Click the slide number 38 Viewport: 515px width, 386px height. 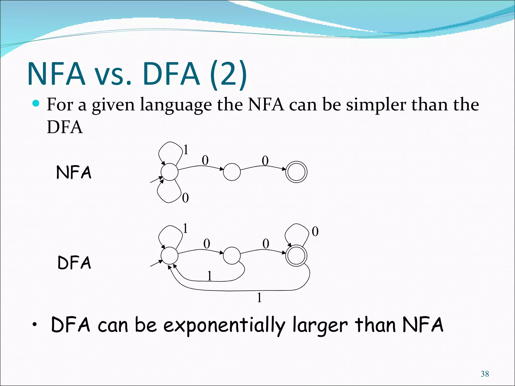[485, 374]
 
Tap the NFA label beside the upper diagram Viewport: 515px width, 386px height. [74, 172]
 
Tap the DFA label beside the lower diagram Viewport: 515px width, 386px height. [74, 263]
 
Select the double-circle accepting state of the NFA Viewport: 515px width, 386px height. [296, 172]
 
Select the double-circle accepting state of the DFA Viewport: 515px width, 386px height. [296, 256]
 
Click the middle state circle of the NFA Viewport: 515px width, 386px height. [232, 172]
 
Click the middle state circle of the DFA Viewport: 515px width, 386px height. [232, 256]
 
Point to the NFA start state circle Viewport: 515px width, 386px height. [169, 172]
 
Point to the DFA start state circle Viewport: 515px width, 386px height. [169, 256]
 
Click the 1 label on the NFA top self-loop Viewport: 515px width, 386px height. [186, 150]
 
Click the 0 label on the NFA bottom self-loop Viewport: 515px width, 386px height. [185, 198]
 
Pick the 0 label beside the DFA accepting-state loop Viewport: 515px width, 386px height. [315, 231]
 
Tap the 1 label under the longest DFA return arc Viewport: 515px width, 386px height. [259, 298]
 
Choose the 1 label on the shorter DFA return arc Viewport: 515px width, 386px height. [209, 276]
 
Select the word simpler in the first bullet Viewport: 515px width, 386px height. [376, 105]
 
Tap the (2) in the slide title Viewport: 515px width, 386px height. [228, 74]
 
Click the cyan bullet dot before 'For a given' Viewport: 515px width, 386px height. [36, 103]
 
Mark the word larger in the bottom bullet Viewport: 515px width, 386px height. [320, 325]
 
